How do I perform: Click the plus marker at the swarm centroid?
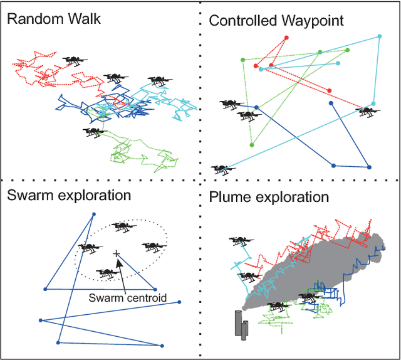tap(117, 253)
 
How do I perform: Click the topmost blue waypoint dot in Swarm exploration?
tap(95, 214)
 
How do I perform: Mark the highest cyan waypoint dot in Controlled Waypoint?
tap(379, 38)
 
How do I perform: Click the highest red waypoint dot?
tap(287, 38)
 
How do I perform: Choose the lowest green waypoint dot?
tap(252, 145)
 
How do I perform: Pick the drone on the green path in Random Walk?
tap(93, 131)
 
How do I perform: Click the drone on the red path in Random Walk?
tap(75, 60)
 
